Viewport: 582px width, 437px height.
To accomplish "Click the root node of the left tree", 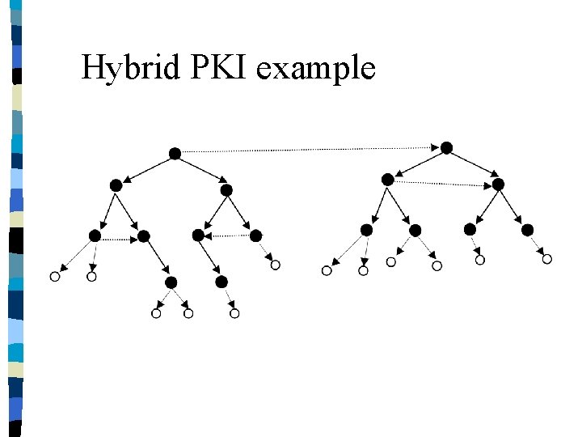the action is coord(175,153).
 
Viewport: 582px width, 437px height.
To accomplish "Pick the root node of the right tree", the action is coord(446,148).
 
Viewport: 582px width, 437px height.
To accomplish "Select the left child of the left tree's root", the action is coord(116,185).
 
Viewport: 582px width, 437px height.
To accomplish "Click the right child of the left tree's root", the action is coord(226,190).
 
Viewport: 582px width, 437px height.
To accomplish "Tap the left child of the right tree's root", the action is coord(388,179).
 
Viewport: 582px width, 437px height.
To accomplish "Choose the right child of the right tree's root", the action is coord(498,185).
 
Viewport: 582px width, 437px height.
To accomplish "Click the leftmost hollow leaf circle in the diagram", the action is coord(55,277).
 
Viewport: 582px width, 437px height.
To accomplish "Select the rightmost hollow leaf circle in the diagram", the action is coord(546,259).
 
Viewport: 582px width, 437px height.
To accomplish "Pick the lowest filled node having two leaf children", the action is coord(171,282).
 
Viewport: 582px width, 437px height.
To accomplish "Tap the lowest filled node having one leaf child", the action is coord(221,282).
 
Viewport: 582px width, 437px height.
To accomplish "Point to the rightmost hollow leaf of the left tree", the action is coord(275,265).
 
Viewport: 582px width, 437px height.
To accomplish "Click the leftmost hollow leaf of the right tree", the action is coord(327,271).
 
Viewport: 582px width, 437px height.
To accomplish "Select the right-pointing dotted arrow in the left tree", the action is coord(120,239).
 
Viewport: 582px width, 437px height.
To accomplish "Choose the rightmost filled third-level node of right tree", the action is coord(528,230).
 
